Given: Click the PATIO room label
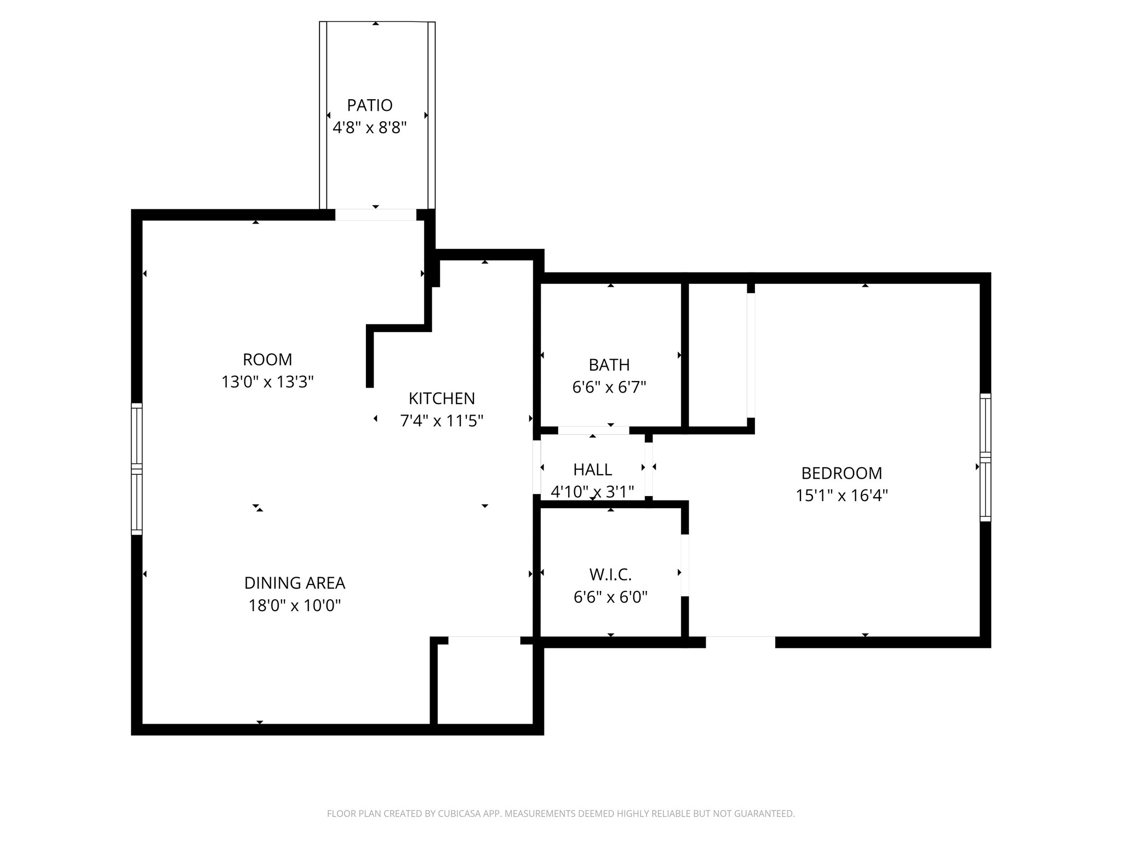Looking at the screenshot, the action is [x=370, y=105].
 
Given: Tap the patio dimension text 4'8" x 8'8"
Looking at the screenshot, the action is [x=370, y=128].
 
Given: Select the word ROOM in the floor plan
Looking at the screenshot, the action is [x=267, y=360].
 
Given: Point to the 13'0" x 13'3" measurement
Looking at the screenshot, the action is [x=267, y=382].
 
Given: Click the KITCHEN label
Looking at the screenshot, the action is [x=442, y=399].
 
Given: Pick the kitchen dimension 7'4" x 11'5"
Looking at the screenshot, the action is [x=442, y=421].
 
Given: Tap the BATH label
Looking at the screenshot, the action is [x=609, y=365].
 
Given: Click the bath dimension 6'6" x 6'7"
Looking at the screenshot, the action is [x=609, y=388].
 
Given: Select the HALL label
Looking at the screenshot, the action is [x=593, y=470].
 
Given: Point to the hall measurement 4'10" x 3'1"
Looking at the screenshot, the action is [x=593, y=492].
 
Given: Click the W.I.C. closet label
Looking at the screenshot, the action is [x=611, y=574].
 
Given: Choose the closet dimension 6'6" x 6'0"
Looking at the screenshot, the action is [x=611, y=596].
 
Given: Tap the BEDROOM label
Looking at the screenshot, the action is [x=842, y=473].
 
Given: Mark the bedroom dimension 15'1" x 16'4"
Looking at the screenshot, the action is [x=842, y=496].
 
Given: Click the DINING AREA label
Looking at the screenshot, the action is [x=295, y=583].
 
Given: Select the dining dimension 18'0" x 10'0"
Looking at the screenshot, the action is [x=295, y=606].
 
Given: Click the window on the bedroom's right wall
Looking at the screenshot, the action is [x=986, y=457].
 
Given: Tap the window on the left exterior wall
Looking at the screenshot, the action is [x=136, y=469].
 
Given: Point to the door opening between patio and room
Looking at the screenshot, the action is [x=376, y=215].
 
